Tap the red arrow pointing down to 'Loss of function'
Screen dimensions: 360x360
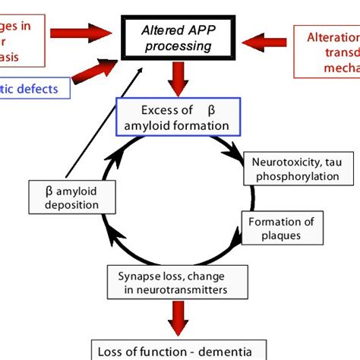pyautogui.click(x=178, y=318)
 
